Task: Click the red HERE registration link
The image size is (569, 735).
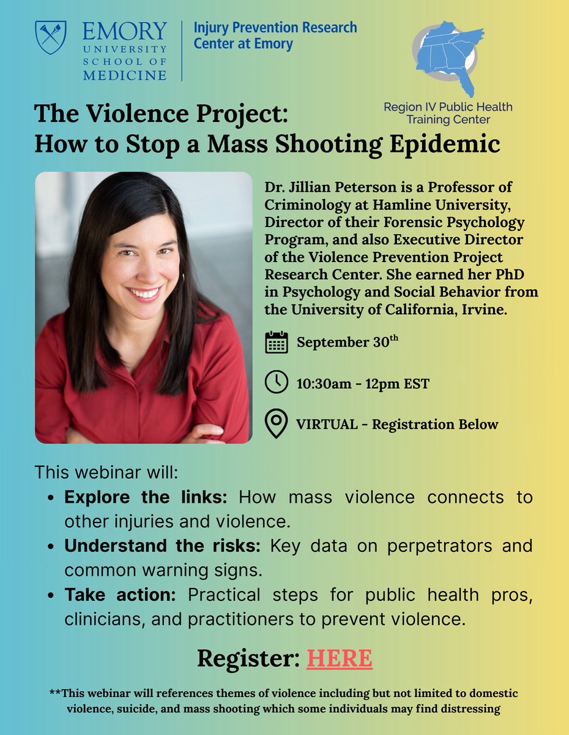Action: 340,658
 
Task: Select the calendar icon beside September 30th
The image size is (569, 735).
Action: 277,342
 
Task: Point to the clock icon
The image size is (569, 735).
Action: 277,382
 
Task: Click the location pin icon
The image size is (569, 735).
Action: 277,423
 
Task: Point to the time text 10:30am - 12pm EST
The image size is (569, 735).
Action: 363,384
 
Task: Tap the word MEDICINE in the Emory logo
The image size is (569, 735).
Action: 125,75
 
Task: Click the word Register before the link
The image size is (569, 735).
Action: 248,658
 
